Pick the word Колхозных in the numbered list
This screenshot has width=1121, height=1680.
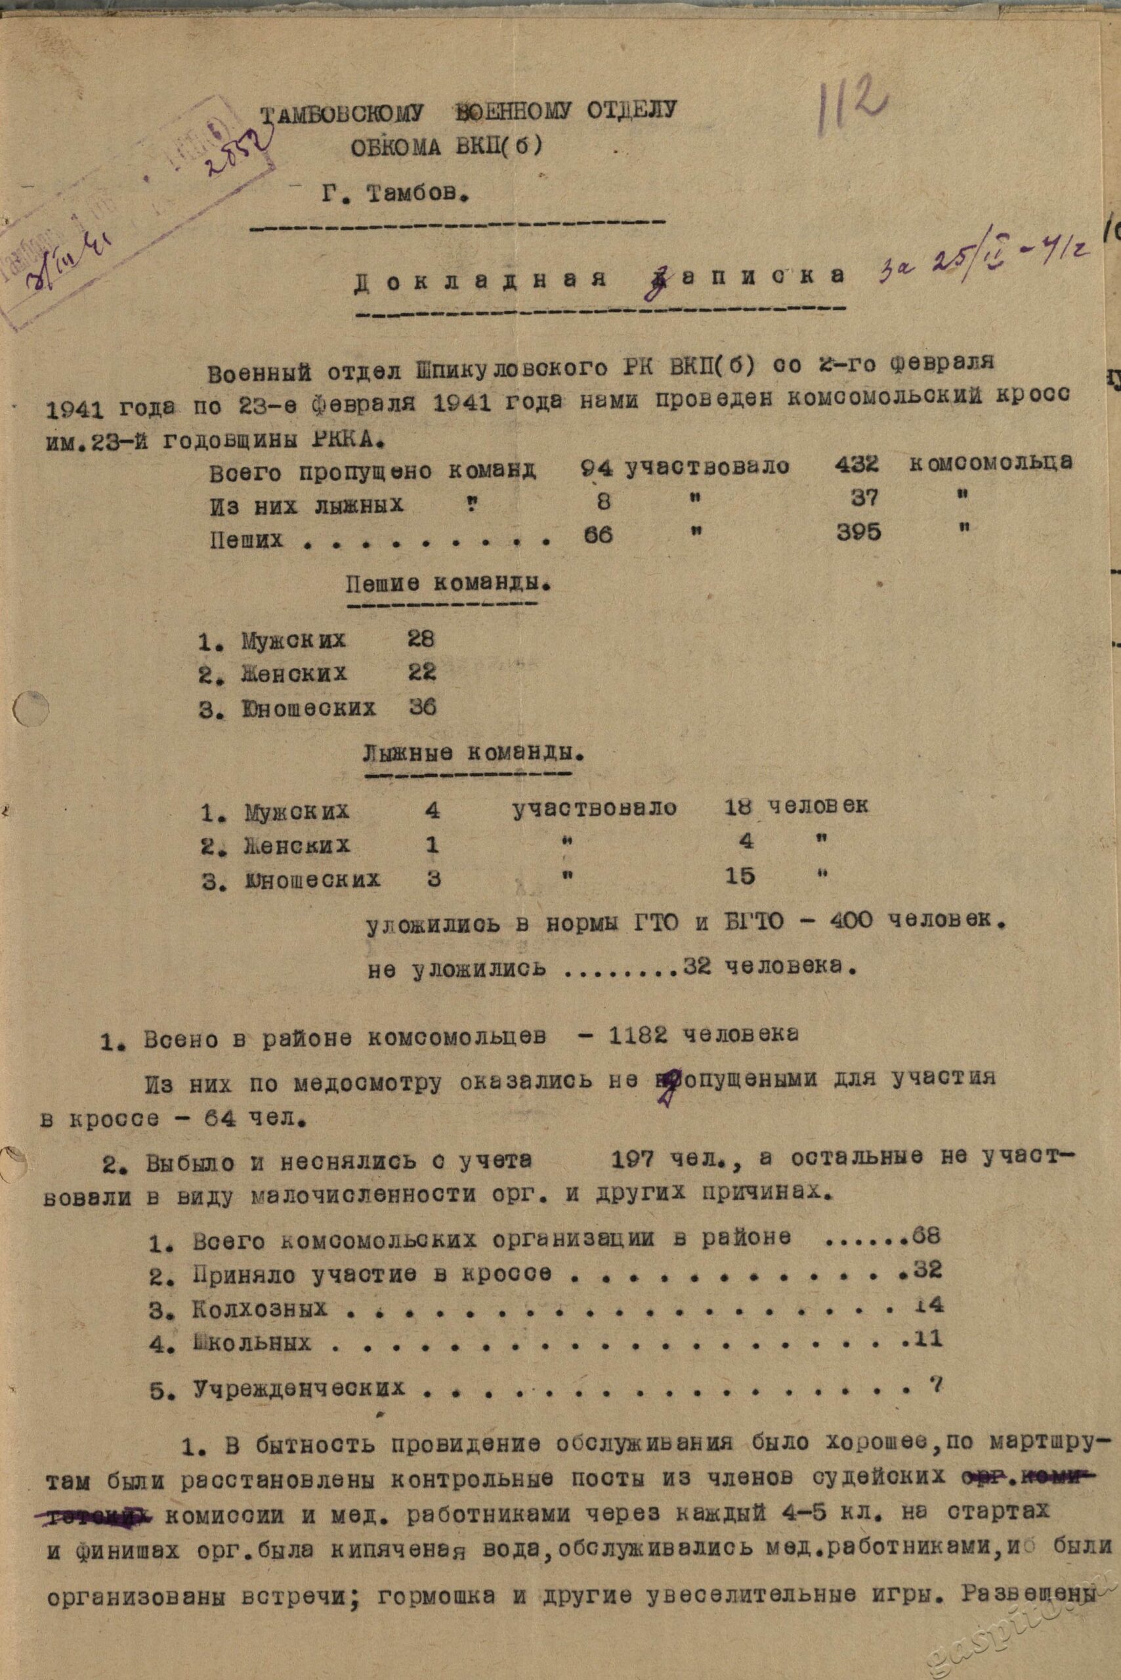coord(259,1309)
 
